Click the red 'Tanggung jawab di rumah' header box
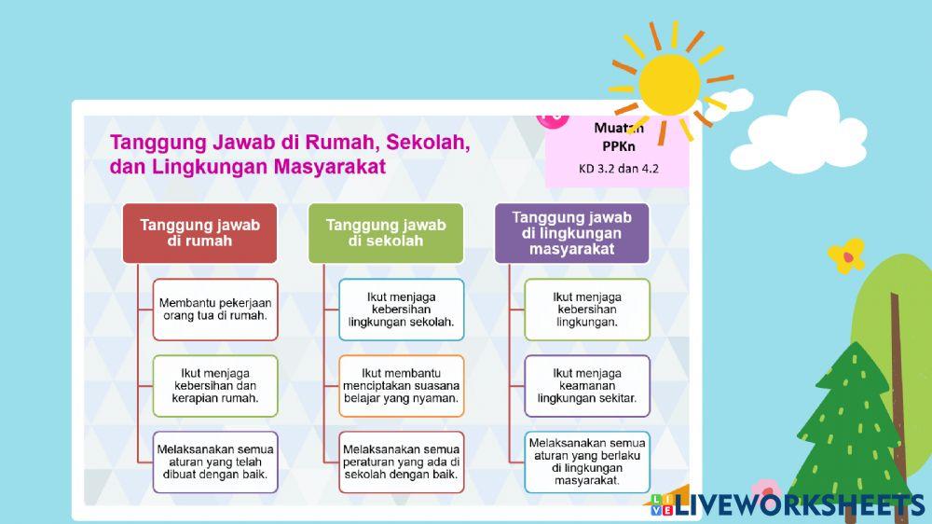pyautogui.click(x=199, y=232)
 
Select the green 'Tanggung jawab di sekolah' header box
pyautogui.click(x=386, y=232)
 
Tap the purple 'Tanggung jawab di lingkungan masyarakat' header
pyautogui.click(x=571, y=232)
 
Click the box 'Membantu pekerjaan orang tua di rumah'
pyautogui.click(x=215, y=309)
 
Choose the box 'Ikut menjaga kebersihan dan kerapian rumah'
pyautogui.click(x=215, y=385)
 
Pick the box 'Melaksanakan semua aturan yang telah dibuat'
pyautogui.click(x=215, y=461)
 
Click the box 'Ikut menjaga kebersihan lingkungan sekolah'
pyautogui.click(x=401, y=309)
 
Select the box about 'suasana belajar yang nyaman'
pyautogui.click(x=401, y=385)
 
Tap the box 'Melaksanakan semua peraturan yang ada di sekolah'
pyautogui.click(x=401, y=461)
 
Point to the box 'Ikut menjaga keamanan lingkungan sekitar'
pyautogui.click(x=587, y=385)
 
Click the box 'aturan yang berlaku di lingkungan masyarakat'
pyautogui.click(x=587, y=461)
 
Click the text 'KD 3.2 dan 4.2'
pyautogui.click(x=617, y=169)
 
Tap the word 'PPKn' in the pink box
pyautogui.click(x=618, y=146)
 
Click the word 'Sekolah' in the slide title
pyautogui.click(x=427, y=143)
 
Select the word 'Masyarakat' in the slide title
pyautogui.click(x=330, y=167)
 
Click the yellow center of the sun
pyautogui.click(x=669, y=84)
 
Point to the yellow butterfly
pyautogui.click(x=846, y=255)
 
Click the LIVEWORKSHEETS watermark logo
pyautogui.click(x=788, y=504)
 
